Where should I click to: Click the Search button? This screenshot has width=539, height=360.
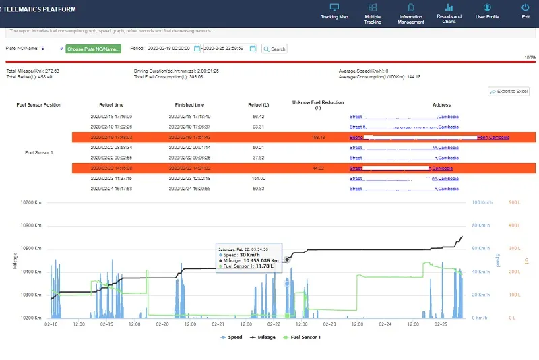274,49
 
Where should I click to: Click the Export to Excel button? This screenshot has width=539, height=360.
509,91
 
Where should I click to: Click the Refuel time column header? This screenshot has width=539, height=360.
111,105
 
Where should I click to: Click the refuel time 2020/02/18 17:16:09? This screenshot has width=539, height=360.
111,116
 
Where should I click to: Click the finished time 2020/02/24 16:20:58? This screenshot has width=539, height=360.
189,189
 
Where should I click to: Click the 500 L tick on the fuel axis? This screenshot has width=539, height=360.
515,202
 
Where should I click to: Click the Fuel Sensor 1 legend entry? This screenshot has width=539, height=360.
303,337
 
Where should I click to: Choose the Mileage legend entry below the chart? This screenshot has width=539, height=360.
262,337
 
